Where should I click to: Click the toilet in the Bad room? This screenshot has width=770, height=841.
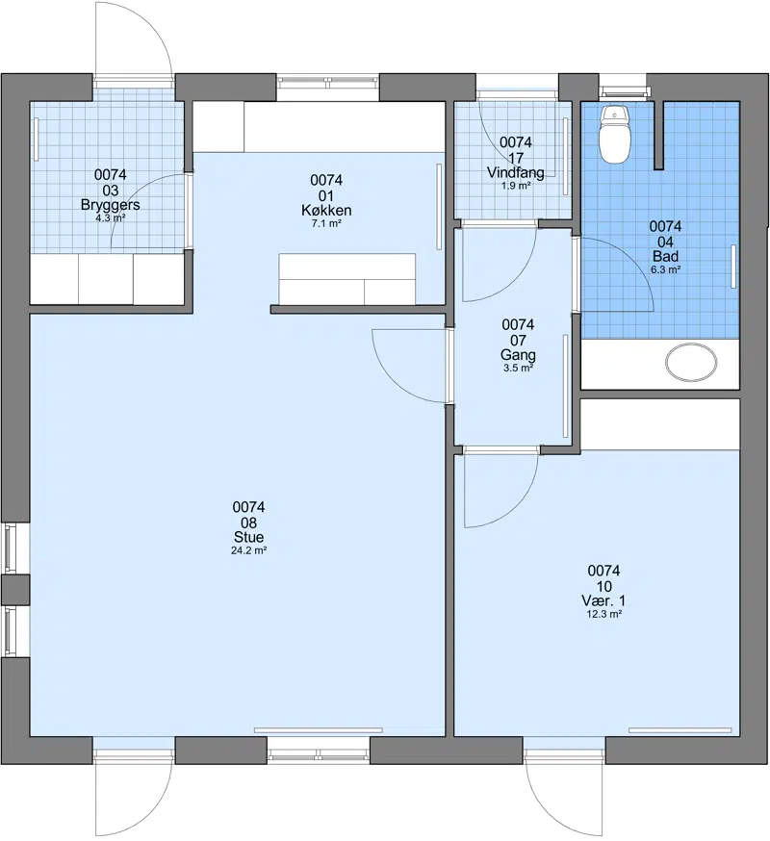point(615,134)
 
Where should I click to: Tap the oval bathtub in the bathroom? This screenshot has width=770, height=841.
point(691,363)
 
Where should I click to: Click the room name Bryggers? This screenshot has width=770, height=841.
point(110,204)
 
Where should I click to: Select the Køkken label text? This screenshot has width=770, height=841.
point(326,210)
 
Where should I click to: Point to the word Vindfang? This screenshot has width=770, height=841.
point(515,172)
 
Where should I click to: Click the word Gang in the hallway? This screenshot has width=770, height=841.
point(518,354)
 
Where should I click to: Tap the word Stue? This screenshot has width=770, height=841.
point(248,537)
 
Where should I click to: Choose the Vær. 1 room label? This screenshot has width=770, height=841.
point(603,600)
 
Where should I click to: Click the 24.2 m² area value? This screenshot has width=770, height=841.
point(249,550)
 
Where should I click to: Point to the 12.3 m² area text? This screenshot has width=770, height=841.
point(604,614)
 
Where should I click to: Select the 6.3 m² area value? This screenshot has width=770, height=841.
point(666,269)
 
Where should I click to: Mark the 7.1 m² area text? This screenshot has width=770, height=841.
point(326,223)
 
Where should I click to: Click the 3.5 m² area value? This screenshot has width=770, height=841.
point(518,368)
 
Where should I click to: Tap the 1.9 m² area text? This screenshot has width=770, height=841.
point(516,186)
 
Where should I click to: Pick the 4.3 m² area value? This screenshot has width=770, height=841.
point(110,217)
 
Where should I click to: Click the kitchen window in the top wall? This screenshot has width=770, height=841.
point(328,82)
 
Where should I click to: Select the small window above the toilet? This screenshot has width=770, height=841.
point(623,90)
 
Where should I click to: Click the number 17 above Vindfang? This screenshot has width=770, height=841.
point(516,158)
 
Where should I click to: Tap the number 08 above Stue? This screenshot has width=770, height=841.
point(248,522)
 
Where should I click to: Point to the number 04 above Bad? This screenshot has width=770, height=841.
point(665,242)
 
